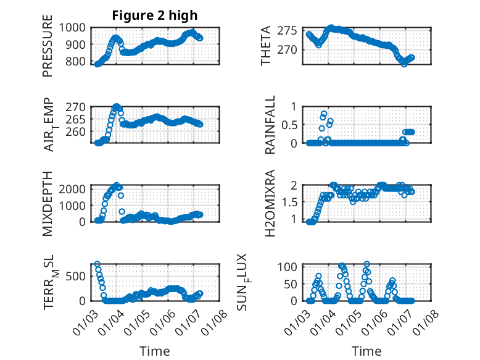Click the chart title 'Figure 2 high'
tap(155, 15)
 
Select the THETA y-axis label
tap(266, 46)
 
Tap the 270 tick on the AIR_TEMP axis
tap(78, 106)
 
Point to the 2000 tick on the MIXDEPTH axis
tap(75, 188)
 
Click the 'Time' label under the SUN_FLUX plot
tap(366, 351)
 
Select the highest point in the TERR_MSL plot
tap(97, 264)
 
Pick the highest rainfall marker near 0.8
tap(324, 114)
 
